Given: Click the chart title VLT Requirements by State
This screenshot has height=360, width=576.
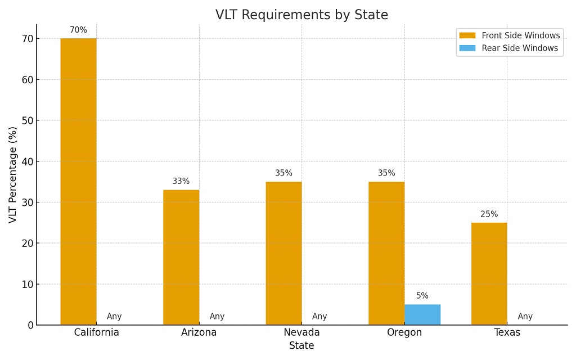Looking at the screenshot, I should coord(301,15).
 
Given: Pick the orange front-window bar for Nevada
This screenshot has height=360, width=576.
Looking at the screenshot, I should coord(283,253).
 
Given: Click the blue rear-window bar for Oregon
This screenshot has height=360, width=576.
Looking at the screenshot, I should coord(422,314).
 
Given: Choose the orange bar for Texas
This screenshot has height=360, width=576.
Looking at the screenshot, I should coord(489,273).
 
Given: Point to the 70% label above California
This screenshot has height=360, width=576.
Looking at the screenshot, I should coord(78,30).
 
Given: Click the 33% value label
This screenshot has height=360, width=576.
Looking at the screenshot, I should coord(181,181).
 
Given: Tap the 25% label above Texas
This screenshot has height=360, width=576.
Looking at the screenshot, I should coord(489,214).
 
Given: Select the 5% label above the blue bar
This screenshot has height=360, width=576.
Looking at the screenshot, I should coord(422,296).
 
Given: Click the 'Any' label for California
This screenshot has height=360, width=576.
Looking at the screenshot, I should coord(114,317).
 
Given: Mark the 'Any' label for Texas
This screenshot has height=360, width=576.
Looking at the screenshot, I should coord(525,317).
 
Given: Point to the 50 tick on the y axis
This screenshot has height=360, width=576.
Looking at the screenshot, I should coord(26,120).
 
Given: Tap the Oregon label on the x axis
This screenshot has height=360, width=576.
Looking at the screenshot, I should coord(404,332).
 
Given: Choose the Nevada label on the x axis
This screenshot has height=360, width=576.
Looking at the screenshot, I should coord(301,332).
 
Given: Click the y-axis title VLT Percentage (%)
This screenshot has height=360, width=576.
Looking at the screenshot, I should coord(13,174).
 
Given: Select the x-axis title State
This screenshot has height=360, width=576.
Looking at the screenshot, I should coord(301,346).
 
